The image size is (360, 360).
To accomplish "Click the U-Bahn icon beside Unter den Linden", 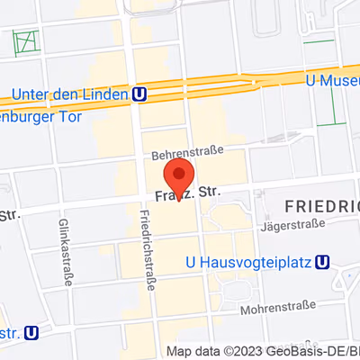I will pos(139,93).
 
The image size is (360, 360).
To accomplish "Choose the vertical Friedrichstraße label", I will pos(145,249).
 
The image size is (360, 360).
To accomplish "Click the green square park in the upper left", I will pos(26,41).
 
